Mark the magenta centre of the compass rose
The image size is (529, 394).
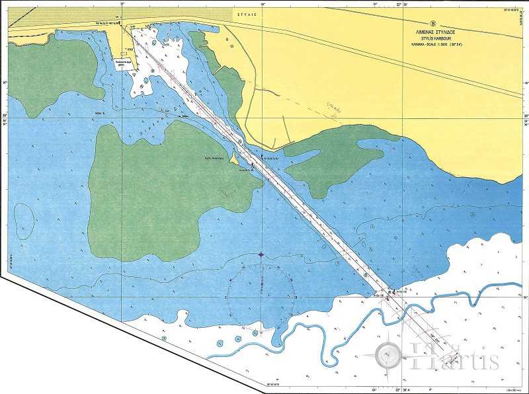point(261,255)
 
